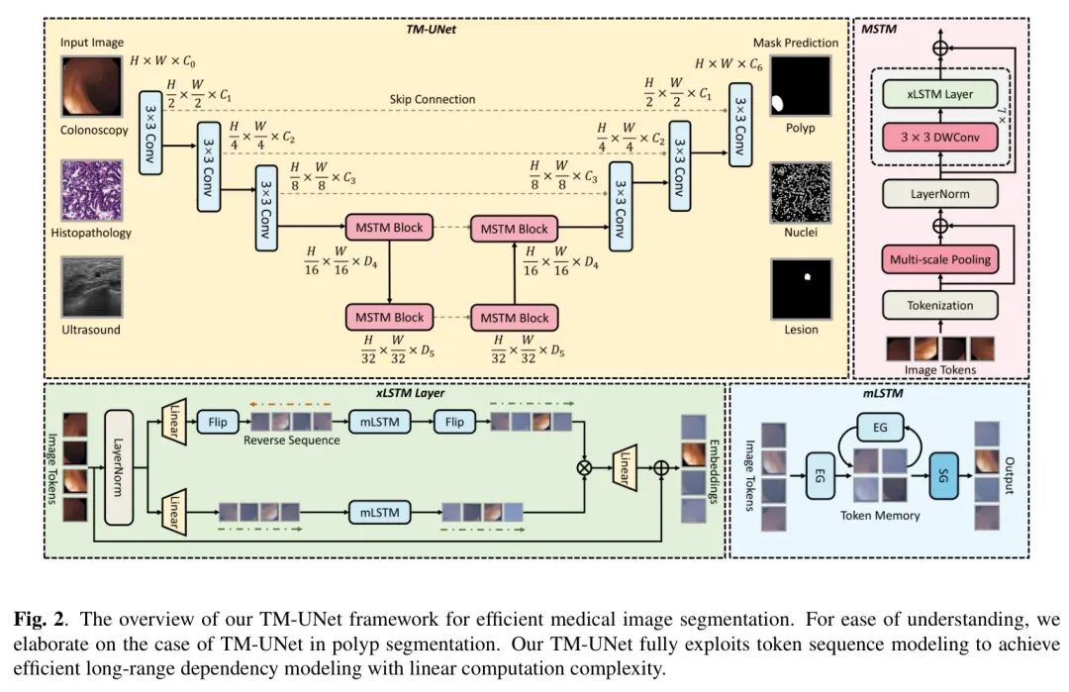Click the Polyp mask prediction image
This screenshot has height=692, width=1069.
(x=802, y=87)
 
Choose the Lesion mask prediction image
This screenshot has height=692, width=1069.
(x=802, y=288)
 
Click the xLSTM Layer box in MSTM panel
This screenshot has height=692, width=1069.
(x=939, y=95)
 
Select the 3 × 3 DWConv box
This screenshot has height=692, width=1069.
(x=939, y=137)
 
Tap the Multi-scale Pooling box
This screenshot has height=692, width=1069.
(x=939, y=259)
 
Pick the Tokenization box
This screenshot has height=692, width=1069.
(x=939, y=305)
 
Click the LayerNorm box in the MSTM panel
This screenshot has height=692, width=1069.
(x=939, y=194)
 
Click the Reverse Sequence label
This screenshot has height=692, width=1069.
(x=292, y=440)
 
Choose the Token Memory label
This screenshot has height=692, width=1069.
(x=880, y=516)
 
